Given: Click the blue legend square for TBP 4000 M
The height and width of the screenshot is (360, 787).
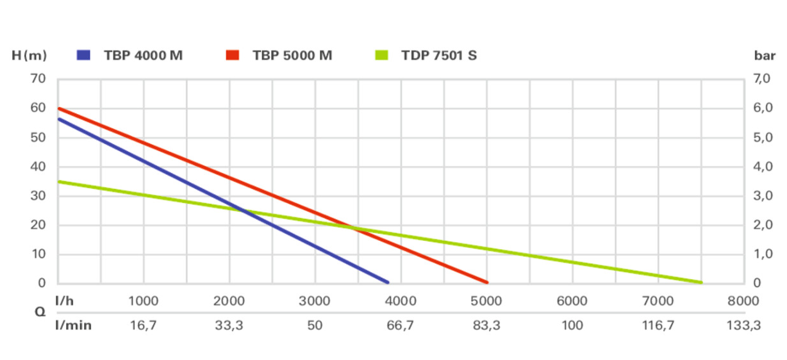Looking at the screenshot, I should coord(83,55).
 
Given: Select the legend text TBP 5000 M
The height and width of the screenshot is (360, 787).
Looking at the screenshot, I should coord(292,55).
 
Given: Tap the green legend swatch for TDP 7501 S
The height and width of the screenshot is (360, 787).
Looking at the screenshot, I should coord(381,55).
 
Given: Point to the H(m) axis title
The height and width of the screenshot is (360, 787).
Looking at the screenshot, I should coord(29,55).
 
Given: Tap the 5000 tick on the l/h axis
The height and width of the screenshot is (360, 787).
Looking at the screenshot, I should coord(486,301).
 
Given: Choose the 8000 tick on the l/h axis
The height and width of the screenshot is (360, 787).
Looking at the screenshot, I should coord(743,301).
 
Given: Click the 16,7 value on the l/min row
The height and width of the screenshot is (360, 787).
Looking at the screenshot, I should coord(144,325).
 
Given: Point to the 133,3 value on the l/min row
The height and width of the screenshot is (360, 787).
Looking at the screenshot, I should coord(743,325).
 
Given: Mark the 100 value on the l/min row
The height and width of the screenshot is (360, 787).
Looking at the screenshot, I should coord(572,325).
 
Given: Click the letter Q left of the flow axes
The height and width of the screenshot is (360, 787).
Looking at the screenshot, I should coord(40,313).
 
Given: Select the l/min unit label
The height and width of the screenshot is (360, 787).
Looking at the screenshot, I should coord(74,325).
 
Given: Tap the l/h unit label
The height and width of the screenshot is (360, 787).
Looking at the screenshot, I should coord(65,301).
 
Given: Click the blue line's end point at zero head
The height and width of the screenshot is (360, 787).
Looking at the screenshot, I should coord(387,282).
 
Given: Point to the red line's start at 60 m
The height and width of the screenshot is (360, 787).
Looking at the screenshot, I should coord(59,108).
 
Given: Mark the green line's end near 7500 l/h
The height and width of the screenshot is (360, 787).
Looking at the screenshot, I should coord(700,282).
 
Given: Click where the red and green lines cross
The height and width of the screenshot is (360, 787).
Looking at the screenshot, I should coord(352,227).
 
